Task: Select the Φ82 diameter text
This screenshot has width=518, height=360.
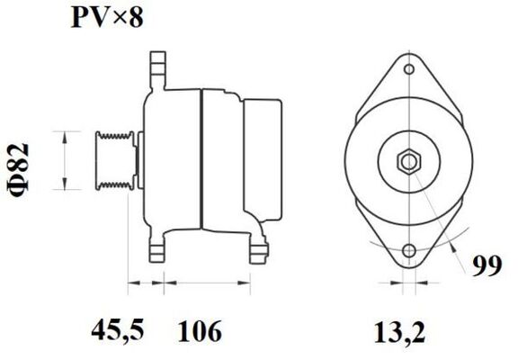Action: [26, 160]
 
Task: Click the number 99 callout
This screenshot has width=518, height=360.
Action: [486, 265]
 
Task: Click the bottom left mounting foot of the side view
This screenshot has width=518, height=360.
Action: [160, 253]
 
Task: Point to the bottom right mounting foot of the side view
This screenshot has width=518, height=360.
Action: [258, 249]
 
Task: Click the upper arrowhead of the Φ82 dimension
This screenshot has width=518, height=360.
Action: [64, 135]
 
